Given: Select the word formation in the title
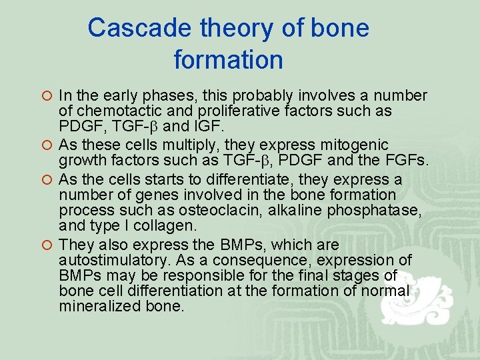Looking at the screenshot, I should [229, 60].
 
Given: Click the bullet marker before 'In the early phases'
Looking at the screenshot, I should [47, 97].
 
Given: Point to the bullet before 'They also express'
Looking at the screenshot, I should [47, 245].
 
